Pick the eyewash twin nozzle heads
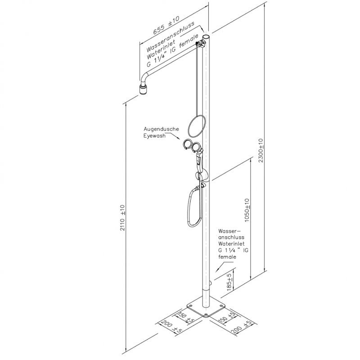[192, 145]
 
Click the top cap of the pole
[207, 36]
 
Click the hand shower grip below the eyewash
[200, 157]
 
